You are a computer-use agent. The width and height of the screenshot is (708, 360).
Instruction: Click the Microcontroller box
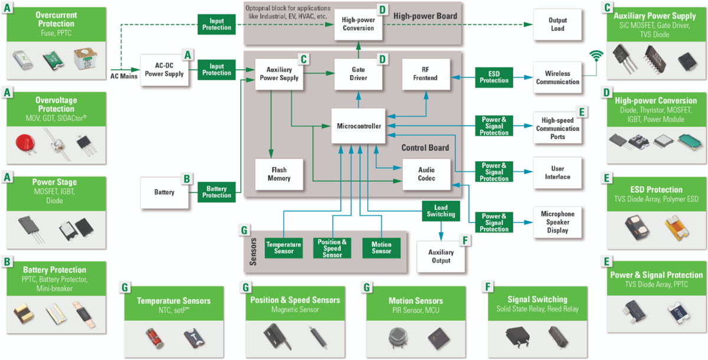tap(359, 126)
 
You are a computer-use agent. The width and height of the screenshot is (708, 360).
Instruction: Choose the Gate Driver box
tap(359, 74)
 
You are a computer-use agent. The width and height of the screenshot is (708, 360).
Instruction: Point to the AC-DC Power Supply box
tap(165, 70)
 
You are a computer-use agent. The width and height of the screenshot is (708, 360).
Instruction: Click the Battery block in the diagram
tap(165, 192)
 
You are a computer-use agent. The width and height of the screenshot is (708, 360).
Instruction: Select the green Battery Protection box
tap(217, 192)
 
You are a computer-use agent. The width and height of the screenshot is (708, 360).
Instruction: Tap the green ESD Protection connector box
tap(494, 77)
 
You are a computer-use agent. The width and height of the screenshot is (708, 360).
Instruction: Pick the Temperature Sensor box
tap(283, 247)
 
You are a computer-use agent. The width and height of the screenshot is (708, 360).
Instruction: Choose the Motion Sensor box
tap(381, 247)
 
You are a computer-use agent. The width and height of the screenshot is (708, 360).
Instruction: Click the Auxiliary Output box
tap(441, 256)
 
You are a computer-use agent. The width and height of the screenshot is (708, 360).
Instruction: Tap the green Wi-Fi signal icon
tap(598, 56)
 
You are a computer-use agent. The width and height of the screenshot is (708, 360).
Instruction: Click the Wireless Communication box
tap(558, 77)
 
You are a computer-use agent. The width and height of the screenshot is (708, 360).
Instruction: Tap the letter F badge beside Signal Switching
tap(487, 287)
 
